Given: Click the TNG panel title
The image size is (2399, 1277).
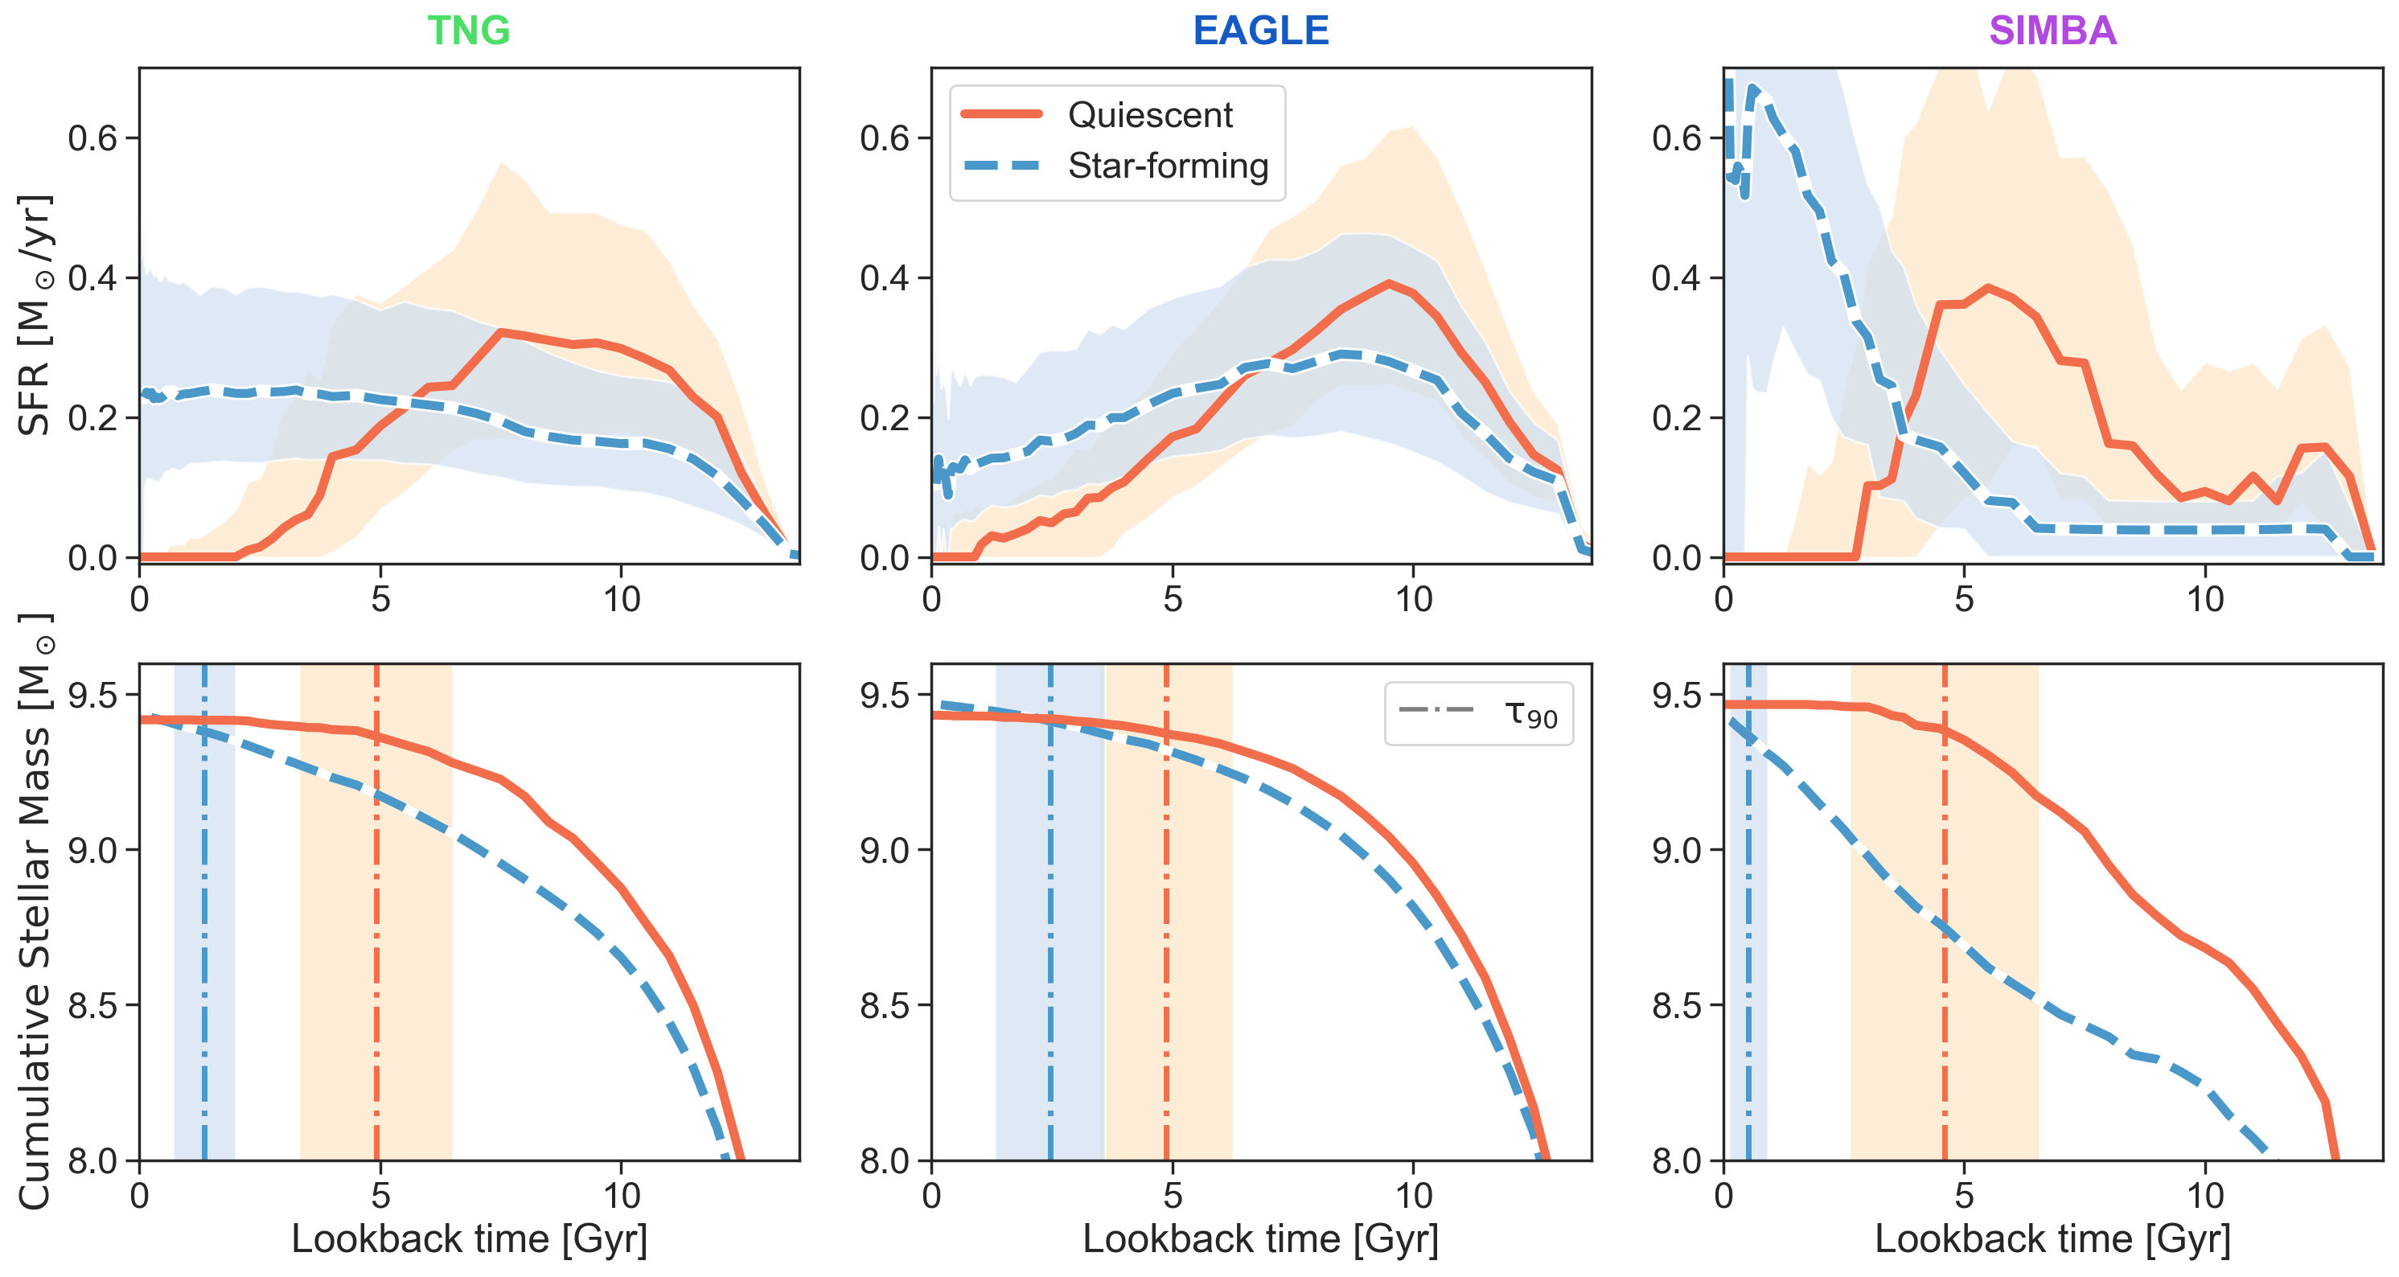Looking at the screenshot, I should point(468,31).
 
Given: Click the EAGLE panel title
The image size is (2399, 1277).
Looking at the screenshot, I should point(1260,31).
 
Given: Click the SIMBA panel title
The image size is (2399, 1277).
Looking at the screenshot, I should point(2052,31).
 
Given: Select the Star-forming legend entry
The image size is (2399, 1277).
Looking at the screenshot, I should point(1167,166).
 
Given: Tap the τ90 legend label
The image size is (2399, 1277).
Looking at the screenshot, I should point(1530,714).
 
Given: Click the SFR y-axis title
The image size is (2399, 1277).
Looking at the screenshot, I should point(35,314).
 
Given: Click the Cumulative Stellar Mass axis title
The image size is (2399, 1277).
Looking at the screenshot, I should point(35,913).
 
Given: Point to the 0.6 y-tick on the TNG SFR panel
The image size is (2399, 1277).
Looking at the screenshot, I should point(92,139).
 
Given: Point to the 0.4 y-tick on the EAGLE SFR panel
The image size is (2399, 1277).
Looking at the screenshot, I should point(884,278).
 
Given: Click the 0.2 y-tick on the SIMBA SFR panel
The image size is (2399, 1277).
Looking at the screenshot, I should point(1676,418).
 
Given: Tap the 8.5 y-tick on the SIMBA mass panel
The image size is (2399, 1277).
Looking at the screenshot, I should point(1676,1006).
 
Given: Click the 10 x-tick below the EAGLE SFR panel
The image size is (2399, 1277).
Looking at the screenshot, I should point(1413,599).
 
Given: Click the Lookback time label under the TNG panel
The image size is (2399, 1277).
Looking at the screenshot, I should point(468,1239).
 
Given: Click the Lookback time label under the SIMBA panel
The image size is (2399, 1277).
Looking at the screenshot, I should point(2052,1239).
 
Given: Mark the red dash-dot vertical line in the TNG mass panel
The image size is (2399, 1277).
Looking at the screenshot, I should point(376,931).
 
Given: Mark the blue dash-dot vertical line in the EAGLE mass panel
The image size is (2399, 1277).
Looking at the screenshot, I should point(1050,931).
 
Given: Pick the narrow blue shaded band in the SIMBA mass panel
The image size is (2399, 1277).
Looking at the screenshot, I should point(1748,931).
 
